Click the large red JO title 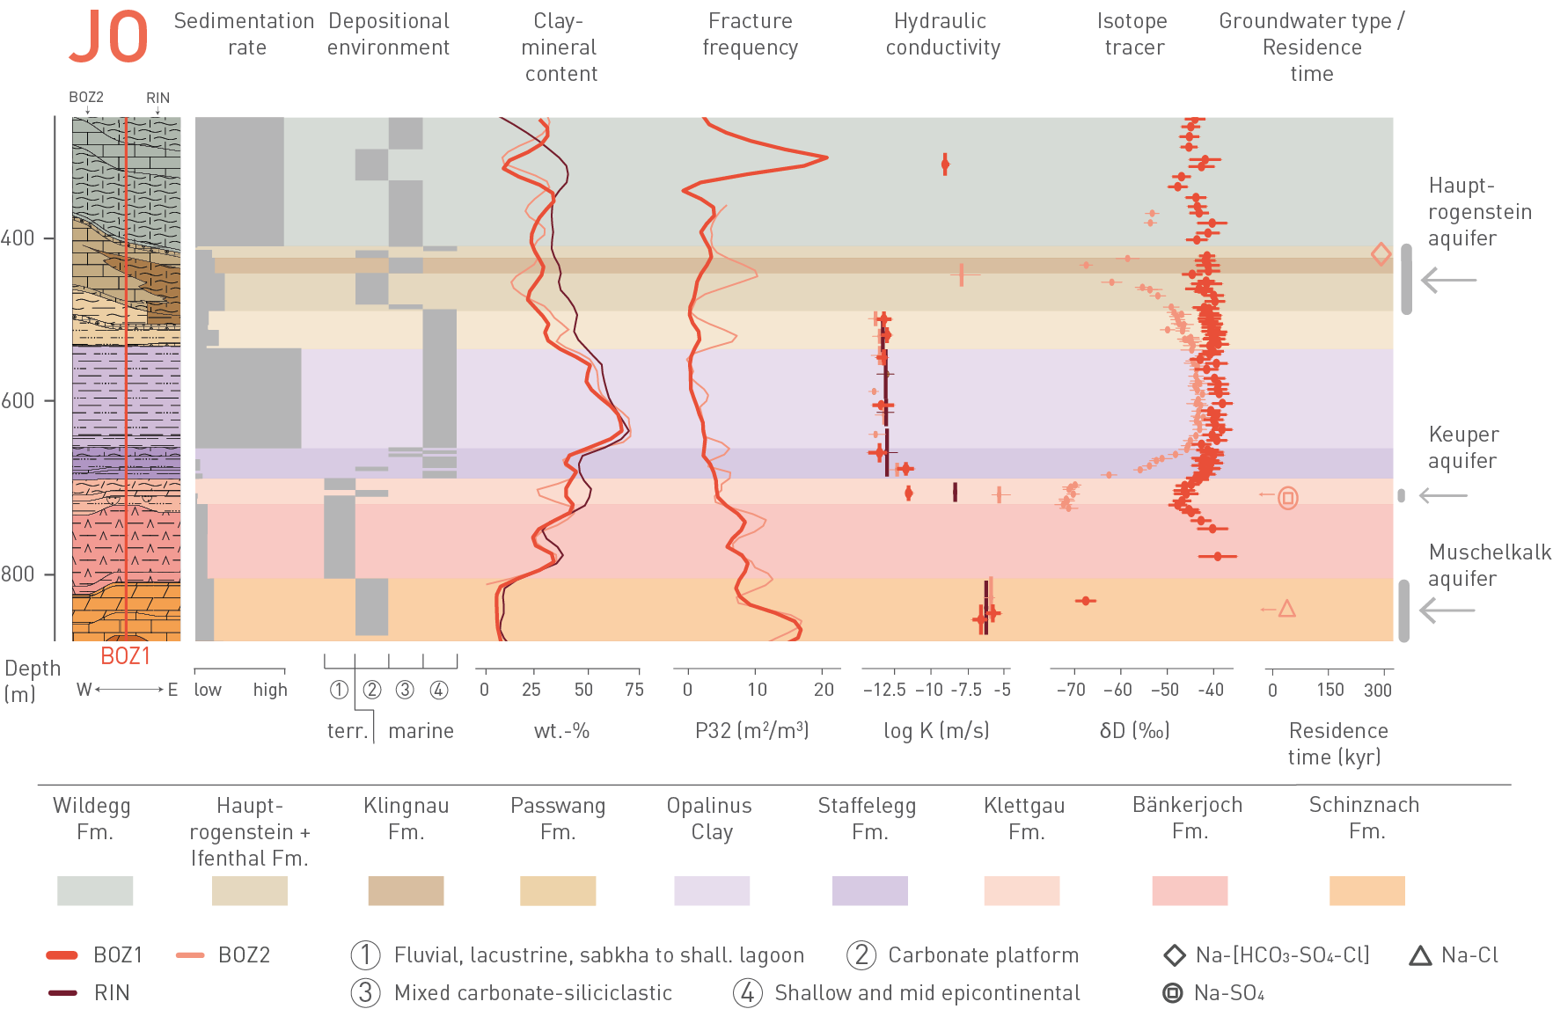[x=108, y=38]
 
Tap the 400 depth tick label [x=18, y=238]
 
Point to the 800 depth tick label [x=18, y=574]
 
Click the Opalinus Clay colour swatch [x=711, y=890]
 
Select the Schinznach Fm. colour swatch [x=1366, y=890]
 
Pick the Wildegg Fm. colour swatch [x=95, y=890]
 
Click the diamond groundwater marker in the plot [x=1381, y=254]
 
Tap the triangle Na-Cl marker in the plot [x=1287, y=609]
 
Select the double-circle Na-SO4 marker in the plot [x=1288, y=498]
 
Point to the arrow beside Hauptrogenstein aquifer [x=1448, y=281]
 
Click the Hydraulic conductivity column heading [x=942, y=34]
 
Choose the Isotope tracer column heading [x=1133, y=34]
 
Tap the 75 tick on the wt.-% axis [x=634, y=690]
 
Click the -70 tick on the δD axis [x=1071, y=690]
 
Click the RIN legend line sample [x=63, y=993]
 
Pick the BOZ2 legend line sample [x=190, y=955]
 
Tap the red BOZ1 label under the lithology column [x=125, y=656]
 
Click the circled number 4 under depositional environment [x=439, y=690]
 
